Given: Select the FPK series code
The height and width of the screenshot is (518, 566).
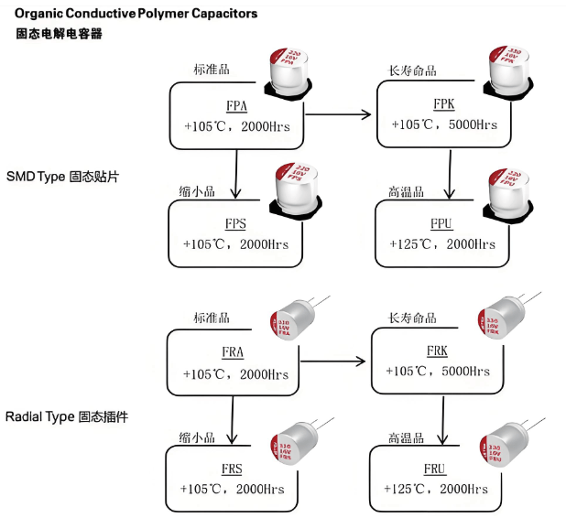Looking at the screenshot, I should coord(444,103).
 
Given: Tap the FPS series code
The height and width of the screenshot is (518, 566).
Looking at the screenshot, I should coord(235,223).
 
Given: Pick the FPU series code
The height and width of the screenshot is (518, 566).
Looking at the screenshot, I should coord(444,223).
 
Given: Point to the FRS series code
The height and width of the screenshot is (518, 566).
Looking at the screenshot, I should coord(232,469).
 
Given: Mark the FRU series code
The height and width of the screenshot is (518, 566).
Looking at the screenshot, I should coord(435,469).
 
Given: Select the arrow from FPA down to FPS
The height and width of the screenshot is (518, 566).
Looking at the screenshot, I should coord(236,174).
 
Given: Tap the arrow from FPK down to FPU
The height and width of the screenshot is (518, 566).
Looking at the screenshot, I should coord(448,174).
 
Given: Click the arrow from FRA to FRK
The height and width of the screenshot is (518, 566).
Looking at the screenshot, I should coord(334,363).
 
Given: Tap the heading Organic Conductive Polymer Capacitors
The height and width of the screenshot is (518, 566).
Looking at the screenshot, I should coord(136,14).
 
